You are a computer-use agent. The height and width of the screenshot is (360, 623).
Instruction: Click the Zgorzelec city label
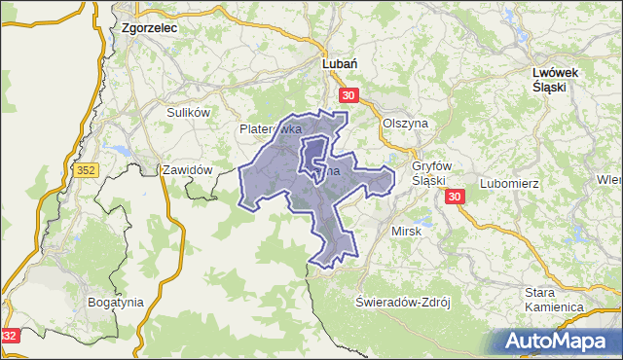pos(149,29)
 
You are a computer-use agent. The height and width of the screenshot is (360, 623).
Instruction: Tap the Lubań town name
pos(342,63)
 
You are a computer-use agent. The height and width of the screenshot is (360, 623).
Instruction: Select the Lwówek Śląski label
pos(557,79)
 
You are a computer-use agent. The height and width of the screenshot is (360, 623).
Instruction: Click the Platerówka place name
pos(270,128)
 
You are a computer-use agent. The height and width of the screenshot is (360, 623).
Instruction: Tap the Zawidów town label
pos(187,169)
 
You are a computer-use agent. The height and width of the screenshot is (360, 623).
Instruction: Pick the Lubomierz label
pos(510,183)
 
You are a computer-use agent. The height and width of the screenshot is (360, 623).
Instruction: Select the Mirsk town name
pos(404,232)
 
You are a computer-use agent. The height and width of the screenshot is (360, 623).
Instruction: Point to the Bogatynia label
pos(115,302)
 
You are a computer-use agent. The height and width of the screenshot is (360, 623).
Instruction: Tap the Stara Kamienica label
pos(553,300)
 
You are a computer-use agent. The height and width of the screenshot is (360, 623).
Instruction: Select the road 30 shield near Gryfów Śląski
pos(455,198)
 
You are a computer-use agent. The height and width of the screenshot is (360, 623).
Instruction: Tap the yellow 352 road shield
pos(87,171)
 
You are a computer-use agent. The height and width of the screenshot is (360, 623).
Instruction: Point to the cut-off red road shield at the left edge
pos(9,336)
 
